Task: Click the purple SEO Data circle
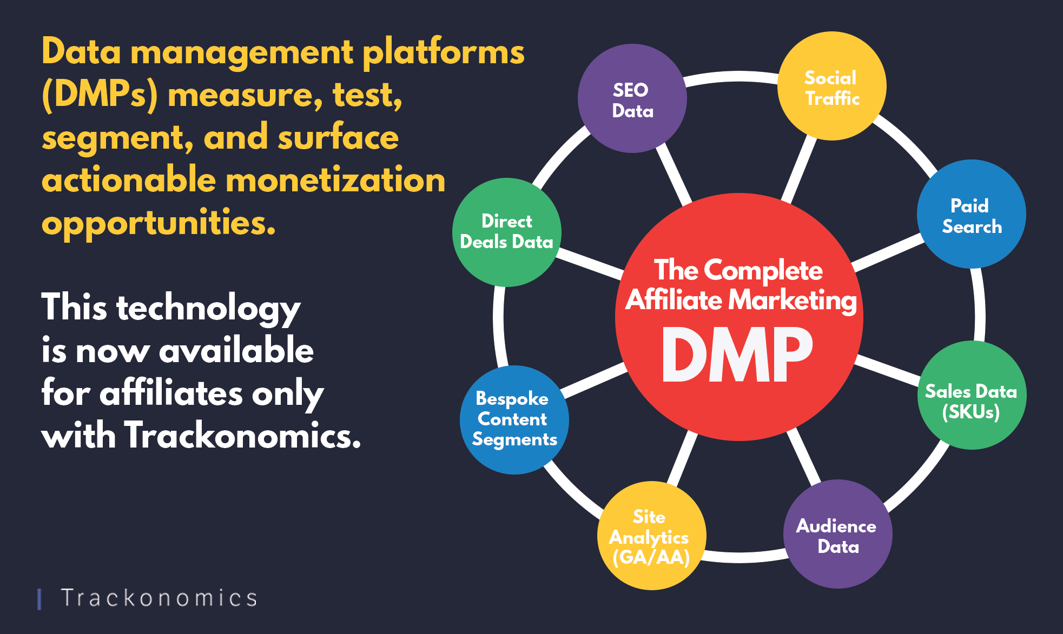(x=632, y=98)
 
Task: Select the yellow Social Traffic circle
(x=832, y=86)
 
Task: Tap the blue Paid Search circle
(x=972, y=214)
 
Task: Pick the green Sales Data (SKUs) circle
(x=972, y=395)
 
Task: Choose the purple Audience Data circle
(x=838, y=534)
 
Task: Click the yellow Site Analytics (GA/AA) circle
(x=652, y=536)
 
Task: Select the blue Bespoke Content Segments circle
(x=514, y=420)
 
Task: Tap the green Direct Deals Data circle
(x=507, y=232)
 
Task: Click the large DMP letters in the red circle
(x=738, y=355)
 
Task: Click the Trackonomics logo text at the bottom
(x=159, y=598)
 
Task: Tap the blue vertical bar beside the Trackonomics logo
(x=39, y=599)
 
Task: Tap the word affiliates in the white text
(x=171, y=393)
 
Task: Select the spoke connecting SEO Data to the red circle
(x=674, y=175)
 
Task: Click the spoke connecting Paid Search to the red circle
(x=888, y=253)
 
